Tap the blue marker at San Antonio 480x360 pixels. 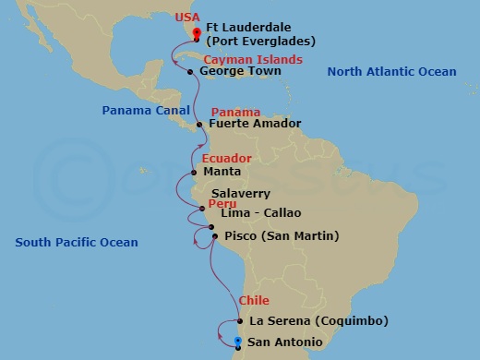coord(238,342)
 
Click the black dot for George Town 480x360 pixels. coord(190,71)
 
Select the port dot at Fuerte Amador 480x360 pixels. coord(200,124)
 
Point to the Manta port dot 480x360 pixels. coord(194,172)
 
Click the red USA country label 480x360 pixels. coord(185,16)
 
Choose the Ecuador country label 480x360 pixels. coord(226,159)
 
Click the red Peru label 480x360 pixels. coord(220,202)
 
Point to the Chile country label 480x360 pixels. coord(254,301)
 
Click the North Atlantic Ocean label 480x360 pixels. coord(391,72)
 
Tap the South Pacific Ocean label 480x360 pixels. coord(77,243)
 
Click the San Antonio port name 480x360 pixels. coord(285,342)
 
